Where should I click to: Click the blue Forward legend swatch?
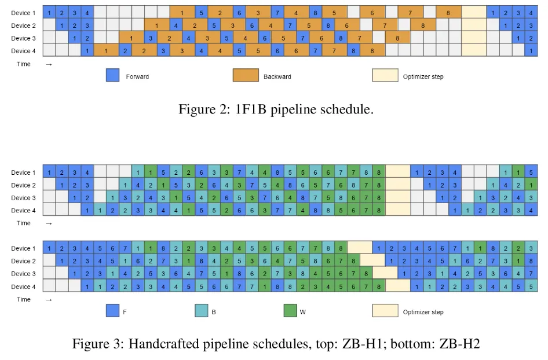[x=112, y=75]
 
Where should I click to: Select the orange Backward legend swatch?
[x=246, y=75]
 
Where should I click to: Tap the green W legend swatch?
[x=290, y=311]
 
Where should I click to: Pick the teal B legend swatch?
[x=202, y=311]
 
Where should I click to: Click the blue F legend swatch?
[x=112, y=311]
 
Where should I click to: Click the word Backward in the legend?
[x=277, y=76]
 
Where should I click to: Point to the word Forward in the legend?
[x=137, y=76]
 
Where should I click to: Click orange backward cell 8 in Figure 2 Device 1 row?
[x=448, y=13]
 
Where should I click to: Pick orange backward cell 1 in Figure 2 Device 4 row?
[x=106, y=50]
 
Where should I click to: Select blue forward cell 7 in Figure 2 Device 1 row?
[x=277, y=13]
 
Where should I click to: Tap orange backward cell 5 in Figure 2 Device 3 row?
[x=283, y=38]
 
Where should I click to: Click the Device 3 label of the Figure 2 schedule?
[x=23, y=38]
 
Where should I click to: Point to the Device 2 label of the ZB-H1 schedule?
[x=23, y=185]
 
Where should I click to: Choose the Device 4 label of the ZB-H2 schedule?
[x=23, y=286]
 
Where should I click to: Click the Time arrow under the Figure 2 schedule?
[x=49, y=64]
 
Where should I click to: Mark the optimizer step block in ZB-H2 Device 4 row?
[x=398, y=286]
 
